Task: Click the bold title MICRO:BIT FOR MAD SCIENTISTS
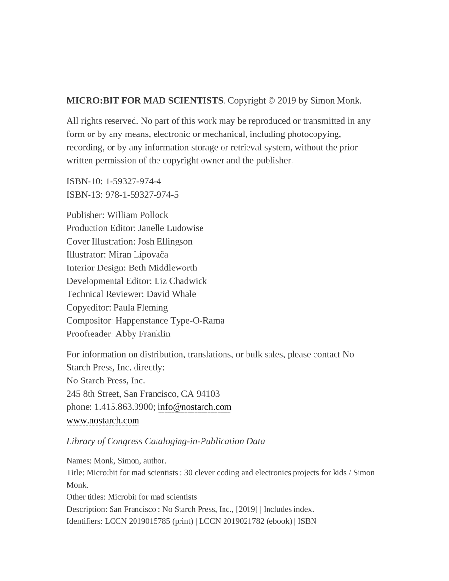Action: point(145,101)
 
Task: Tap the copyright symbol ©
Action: point(271,101)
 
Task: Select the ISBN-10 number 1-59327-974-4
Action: point(133,181)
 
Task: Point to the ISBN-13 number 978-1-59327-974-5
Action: point(142,195)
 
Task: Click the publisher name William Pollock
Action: point(137,215)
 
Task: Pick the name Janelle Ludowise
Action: point(171,228)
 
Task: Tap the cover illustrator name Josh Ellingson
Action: point(165,242)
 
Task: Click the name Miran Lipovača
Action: point(138,255)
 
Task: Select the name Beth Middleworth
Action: point(163,268)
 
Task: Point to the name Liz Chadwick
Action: point(180,281)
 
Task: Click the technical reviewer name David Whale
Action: point(171,294)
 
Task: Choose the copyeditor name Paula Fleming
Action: point(141,308)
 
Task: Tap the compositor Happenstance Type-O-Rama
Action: point(170,321)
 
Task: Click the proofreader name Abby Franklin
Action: point(143,334)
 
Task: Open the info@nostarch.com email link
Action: point(194,407)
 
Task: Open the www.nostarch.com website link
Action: point(103,421)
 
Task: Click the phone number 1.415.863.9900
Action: point(125,407)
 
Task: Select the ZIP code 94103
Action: point(208,394)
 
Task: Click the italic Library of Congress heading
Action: point(166,441)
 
